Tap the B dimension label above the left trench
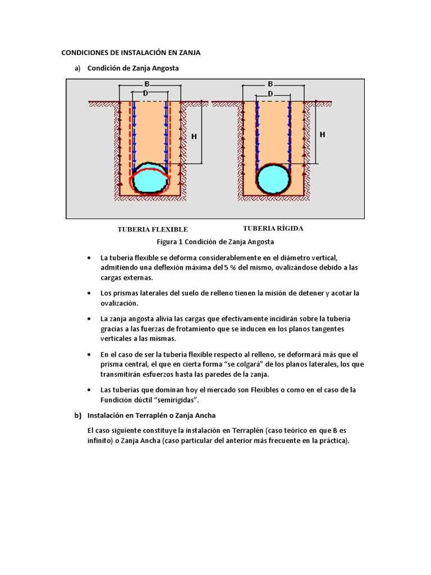[146, 84]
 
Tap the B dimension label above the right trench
[270, 84]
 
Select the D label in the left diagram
[145, 93]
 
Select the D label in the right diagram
[270, 93]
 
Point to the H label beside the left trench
[194, 136]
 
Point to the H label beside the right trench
[322, 135]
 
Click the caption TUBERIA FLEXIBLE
[152, 230]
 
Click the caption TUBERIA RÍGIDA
[273, 229]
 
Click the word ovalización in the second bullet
[119, 303]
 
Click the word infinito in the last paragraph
[100, 440]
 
